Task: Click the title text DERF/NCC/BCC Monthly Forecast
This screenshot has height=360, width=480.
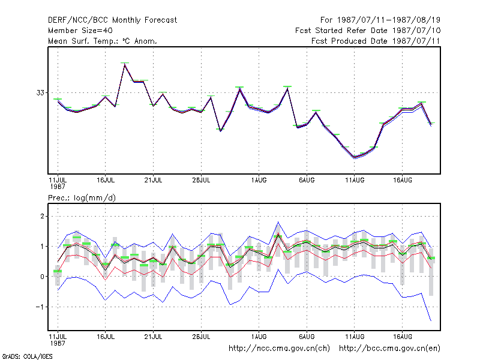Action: (x=112, y=20)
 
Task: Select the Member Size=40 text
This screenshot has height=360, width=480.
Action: (x=80, y=31)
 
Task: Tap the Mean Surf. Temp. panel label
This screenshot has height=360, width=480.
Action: (x=103, y=41)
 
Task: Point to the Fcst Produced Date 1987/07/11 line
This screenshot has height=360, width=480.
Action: (x=376, y=41)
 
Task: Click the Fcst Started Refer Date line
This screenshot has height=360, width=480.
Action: (x=368, y=31)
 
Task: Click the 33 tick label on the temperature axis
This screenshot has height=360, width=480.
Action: (x=40, y=92)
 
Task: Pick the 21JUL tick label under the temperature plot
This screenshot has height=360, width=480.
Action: (x=154, y=180)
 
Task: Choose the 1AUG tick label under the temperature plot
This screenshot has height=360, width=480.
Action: (x=259, y=180)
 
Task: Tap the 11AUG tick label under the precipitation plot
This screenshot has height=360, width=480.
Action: (x=355, y=337)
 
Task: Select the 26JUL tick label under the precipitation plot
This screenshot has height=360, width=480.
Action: (x=201, y=337)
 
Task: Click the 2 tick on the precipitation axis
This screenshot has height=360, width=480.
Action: (x=42, y=217)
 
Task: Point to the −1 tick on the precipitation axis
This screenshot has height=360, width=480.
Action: (x=40, y=307)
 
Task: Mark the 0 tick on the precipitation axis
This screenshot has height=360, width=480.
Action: (x=42, y=277)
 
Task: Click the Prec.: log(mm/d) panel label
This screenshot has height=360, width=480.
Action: (x=82, y=198)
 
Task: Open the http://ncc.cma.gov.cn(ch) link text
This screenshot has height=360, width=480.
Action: (x=279, y=349)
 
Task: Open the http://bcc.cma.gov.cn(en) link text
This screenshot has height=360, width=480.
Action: (x=389, y=349)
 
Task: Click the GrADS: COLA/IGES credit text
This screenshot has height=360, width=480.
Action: (x=27, y=356)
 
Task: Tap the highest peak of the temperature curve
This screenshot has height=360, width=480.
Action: (x=125, y=64)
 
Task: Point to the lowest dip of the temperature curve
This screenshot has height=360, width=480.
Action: (x=355, y=157)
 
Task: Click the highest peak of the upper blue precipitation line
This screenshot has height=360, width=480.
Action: (x=278, y=222)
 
